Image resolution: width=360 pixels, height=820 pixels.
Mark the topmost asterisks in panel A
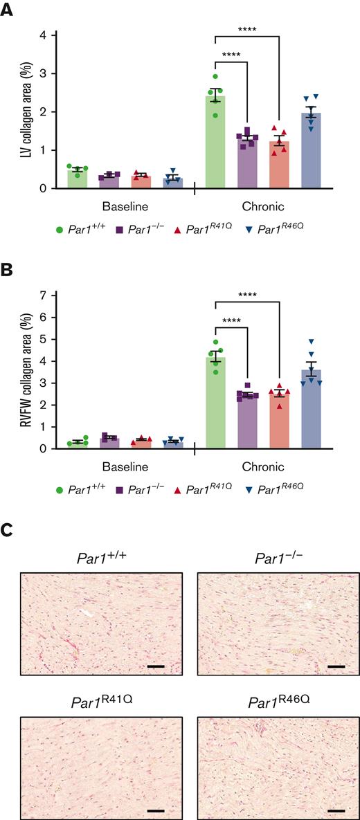(249, 29)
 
